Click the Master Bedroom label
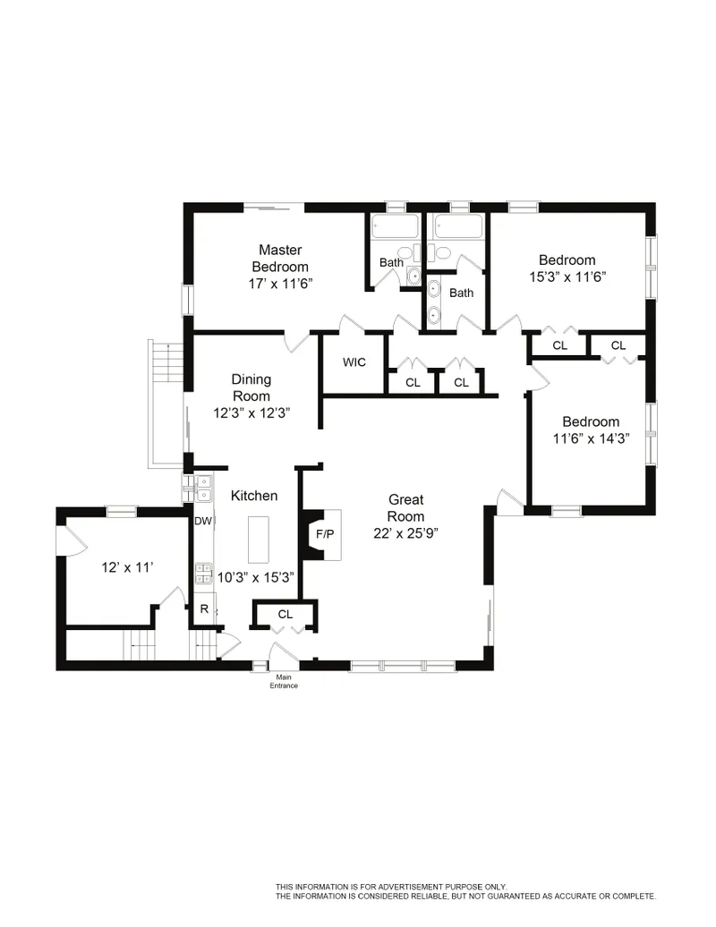[279, 258]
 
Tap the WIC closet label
[354, 363]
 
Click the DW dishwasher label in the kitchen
[203, 522]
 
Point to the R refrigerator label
[204, 608]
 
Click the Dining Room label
[251, 387]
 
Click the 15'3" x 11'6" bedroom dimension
[567, 277]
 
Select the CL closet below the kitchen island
[285, 615]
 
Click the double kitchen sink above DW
[203, 488]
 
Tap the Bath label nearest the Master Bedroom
[391, 262]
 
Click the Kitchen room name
[254, 496]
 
